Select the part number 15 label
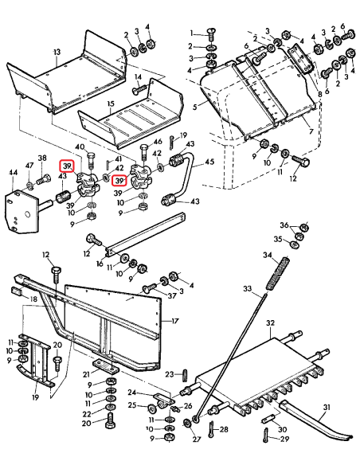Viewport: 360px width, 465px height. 111,104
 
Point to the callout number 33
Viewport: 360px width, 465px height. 248,287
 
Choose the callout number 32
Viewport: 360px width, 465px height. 270,323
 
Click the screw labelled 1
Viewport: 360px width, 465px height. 211,33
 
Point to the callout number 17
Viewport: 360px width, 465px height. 175,322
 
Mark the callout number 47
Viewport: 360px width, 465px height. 29,166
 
